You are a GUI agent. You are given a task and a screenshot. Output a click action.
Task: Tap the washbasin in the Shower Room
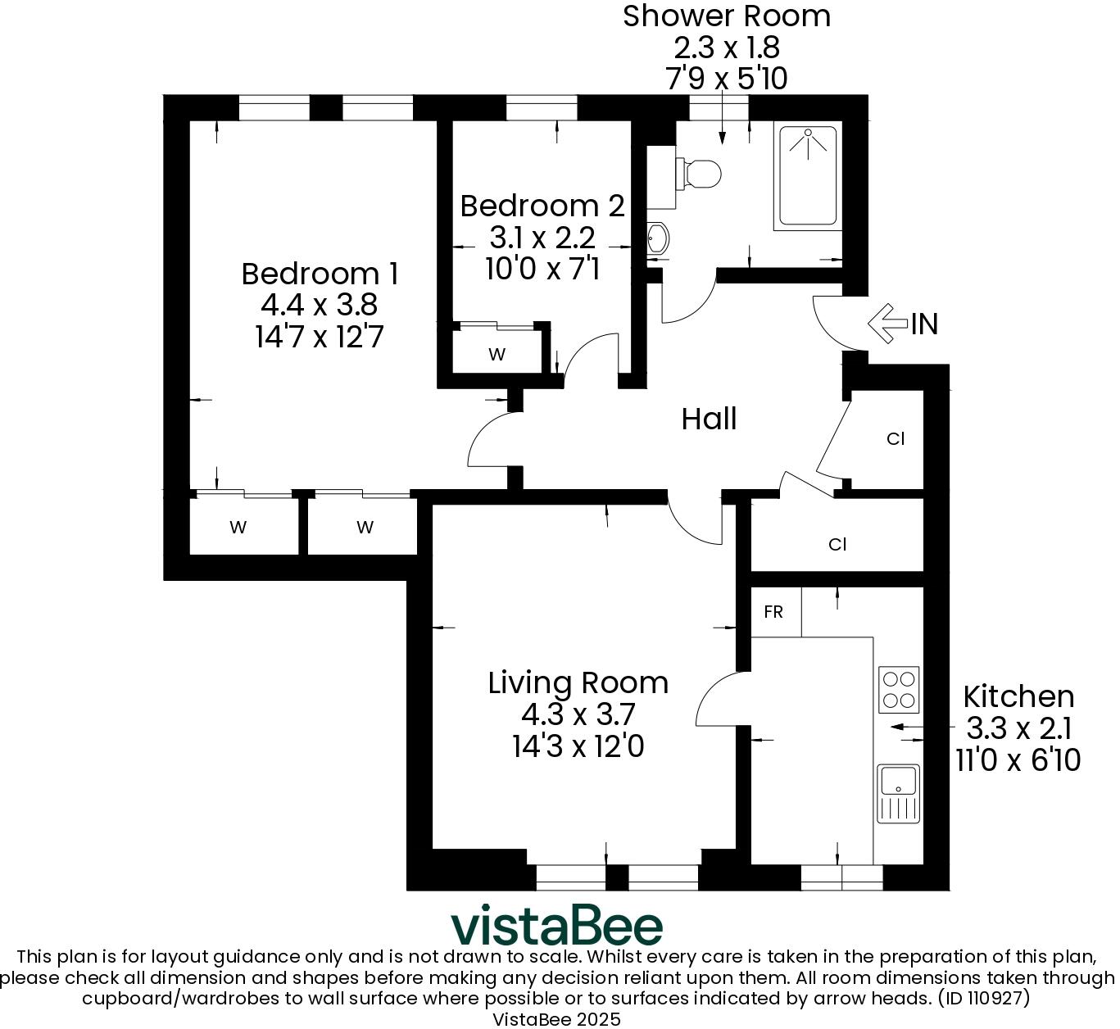click(658, 238)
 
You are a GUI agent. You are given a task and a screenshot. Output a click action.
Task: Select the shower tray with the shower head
click(808, 176)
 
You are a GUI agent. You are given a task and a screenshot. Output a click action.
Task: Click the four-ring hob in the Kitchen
click(899, 689)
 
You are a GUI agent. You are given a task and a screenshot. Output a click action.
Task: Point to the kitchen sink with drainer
click(899, 793)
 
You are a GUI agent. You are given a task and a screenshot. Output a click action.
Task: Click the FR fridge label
click(773, 612)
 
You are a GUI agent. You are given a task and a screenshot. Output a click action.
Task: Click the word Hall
click(709, 419)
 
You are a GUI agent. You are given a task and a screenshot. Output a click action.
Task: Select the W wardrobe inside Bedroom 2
click(497, 355)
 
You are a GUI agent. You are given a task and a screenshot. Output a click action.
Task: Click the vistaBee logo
click(557, 926)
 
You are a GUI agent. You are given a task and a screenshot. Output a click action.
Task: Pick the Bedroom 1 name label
click(320, 274)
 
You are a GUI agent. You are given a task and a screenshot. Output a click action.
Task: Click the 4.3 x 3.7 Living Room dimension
click(578, 714)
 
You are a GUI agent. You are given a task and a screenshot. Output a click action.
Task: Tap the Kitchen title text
click(1018, 696)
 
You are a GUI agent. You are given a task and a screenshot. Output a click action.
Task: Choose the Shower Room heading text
click(726, 16)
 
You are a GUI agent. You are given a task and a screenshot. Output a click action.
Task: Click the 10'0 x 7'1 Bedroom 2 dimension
click(542, 269)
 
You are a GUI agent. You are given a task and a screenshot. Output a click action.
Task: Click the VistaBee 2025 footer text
click(556, 1019)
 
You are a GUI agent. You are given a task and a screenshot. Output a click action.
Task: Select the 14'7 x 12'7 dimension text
click(320, 337)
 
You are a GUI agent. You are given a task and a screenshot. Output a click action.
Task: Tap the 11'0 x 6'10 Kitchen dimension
click(1018, 760)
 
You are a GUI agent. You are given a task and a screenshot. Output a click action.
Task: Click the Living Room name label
click(578, 682)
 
